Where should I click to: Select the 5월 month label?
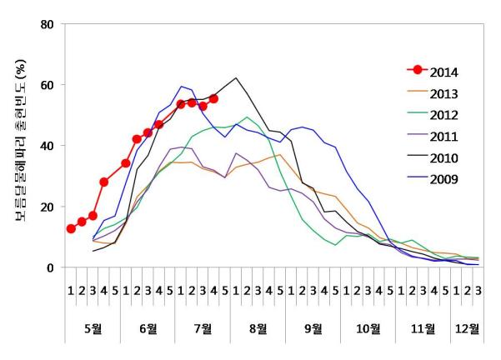coord(93,328)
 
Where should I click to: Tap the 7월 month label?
coord(203,328)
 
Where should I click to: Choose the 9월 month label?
coord(313,328)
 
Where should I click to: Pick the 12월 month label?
coord(468,328)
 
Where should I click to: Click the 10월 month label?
coord(368,328)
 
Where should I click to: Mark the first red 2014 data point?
coord(71,228)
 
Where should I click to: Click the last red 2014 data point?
coord(213,98)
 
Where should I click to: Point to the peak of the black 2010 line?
coord(236,78)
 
